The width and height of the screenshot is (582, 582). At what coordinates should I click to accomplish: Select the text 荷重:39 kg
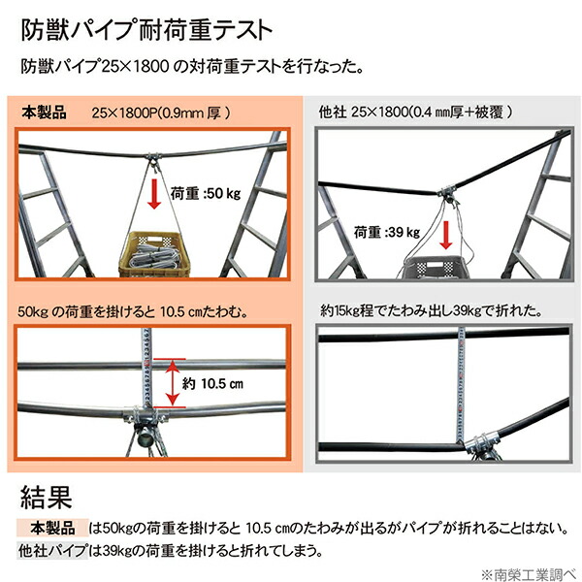pyautogui.click(x=387, y=232)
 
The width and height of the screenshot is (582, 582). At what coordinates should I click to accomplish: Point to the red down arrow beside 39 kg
pyautogui.click(x=445, y=236)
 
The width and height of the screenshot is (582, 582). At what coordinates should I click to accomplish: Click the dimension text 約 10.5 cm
pyautogui.click(x=216, y=383)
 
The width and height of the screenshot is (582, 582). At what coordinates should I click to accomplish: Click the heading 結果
pyautogui.click(x=46, y=499)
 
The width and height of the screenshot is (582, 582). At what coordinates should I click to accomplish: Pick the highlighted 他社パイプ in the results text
pyautogui.click(x=52, y=550)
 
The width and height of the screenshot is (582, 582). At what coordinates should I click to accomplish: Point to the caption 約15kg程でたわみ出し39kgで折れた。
pyautogui.click(x=431, y=312)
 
